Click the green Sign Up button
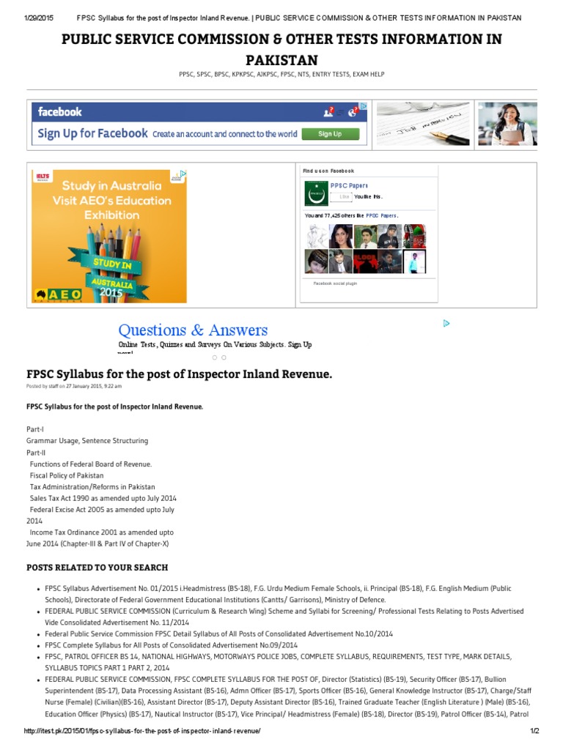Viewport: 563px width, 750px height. click(330, 134)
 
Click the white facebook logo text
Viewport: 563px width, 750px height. click(60, 112)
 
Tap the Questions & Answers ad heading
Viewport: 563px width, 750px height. click(193, 330)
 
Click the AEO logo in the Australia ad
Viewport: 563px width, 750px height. click(59, 294)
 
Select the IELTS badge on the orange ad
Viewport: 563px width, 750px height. click(43, 177)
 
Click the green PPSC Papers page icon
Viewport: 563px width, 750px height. click(316, 193)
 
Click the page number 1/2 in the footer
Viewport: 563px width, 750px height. click(534, 731)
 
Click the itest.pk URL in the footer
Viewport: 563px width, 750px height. click(142, 731)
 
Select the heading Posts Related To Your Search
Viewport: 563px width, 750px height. click(97, 568)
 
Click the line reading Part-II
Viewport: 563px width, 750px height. click(36, 452)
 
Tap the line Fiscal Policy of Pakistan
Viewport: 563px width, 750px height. click(67, 475)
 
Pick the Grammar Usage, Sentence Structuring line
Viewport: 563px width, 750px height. click(87, 441)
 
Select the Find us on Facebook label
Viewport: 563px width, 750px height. click(328, 171)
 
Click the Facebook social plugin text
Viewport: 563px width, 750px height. click(335, 283)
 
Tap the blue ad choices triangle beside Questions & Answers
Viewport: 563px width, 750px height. click(446, 323)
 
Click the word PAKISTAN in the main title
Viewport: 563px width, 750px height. click(281, 59)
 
